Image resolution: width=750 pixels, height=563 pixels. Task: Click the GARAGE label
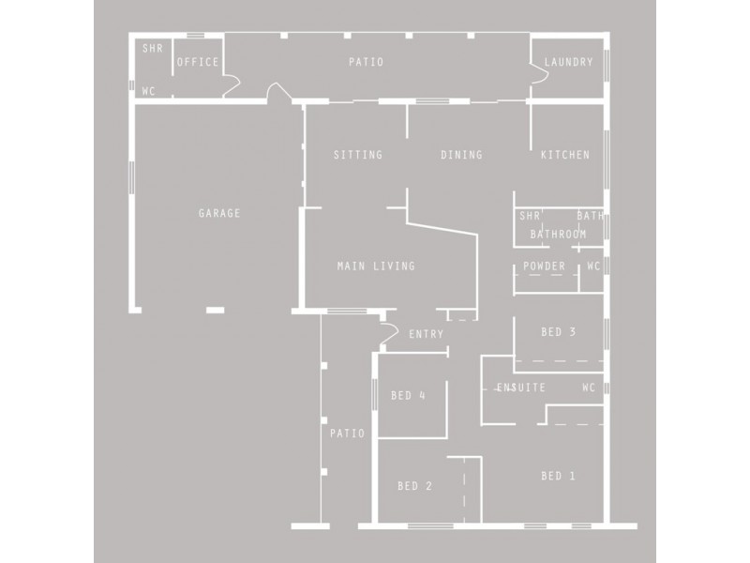pos(219,213)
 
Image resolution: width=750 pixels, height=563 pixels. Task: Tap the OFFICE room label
pos(198,63)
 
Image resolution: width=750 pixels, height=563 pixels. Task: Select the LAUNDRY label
pos(569,63)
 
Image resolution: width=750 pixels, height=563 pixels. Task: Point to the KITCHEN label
pos(565,155)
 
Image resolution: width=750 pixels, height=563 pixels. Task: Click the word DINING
pos(461,155)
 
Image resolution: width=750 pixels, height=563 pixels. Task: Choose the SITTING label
pos(358,155)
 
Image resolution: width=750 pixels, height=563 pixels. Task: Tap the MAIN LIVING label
pos(376,266)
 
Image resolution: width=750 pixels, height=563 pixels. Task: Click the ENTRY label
pos(427,334)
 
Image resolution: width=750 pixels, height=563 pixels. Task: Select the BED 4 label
pos(409,395)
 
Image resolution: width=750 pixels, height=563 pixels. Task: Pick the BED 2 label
pos(415,486)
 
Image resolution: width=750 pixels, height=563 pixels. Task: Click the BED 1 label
pos(559,476)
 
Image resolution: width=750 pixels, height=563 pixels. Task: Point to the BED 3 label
pos(559,332)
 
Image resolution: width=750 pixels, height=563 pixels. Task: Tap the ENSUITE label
pos(521,388)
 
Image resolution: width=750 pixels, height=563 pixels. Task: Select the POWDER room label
pos(545,266)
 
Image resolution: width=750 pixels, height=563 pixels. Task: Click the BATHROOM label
pos(559,234)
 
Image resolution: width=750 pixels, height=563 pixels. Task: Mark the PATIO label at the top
pos(366,63)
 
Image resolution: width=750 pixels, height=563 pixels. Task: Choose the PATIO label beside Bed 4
pos(347,434)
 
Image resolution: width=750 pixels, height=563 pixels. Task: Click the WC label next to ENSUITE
pos(589,388)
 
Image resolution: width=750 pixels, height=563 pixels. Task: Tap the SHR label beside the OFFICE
pos(150,47)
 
